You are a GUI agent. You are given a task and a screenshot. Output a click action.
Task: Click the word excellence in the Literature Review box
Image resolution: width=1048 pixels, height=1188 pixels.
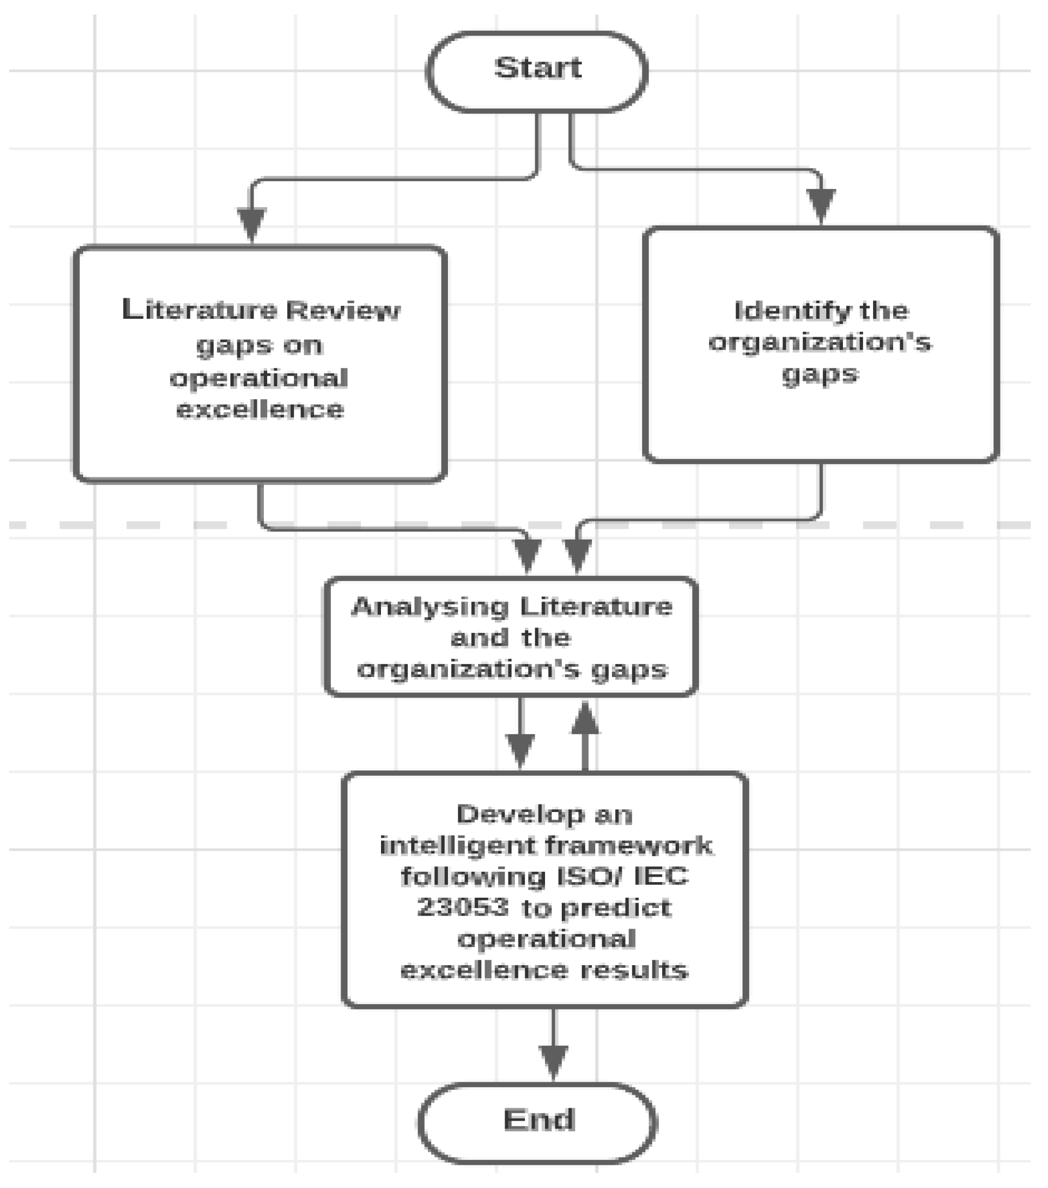point(260,409)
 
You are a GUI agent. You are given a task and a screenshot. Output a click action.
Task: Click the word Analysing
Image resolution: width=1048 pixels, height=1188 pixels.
point(431,607)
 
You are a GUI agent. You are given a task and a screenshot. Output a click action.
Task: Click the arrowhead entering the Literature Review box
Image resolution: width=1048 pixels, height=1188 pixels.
point(251,224)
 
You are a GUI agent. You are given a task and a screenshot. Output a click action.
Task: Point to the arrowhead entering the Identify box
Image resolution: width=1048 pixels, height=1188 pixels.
point(821,204)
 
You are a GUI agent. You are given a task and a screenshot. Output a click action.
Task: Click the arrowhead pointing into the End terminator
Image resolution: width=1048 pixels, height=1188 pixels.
point(553,1061)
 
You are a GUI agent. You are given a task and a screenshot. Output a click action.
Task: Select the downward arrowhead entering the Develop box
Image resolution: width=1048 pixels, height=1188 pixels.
point(520,750)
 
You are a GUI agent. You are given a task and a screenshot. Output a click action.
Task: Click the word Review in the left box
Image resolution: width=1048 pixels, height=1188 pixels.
point(343,311)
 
